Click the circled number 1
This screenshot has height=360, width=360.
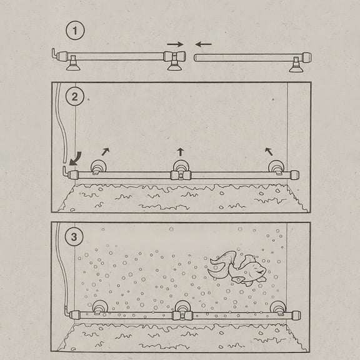(75, 31)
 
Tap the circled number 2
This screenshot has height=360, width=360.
(75, 97)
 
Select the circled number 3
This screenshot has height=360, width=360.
(75, 236)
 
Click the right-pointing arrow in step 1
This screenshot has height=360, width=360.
(176, 44)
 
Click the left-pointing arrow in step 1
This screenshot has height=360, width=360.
(203, 44)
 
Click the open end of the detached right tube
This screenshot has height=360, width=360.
(196, 57)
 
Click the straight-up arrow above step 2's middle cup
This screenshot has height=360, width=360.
(181, 151)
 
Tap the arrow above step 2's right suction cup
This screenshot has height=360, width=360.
(269, 151)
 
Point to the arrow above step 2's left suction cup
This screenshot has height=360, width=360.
(105, 151)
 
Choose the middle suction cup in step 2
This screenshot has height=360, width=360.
(181, 167)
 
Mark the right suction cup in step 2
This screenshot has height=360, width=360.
(275, 167)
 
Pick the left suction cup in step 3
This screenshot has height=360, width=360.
(99, 308)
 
